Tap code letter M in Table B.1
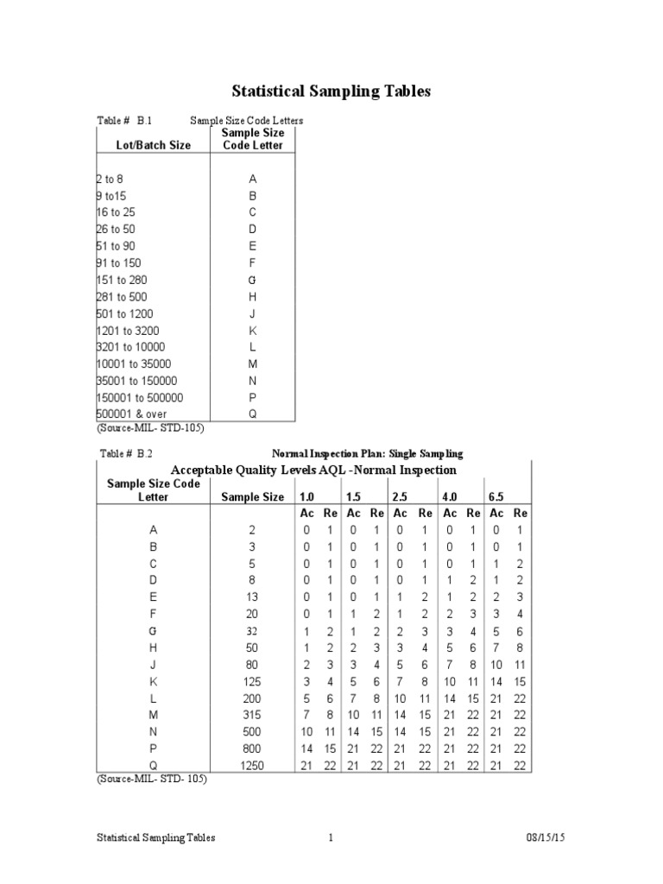tap(252, 364)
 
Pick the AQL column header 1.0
tap(306, 497)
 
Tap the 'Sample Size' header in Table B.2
tap(252, 497)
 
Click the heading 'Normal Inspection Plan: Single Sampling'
tap(368, 453)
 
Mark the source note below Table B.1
tap(150, 426)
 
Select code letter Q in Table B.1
tap(252, 414)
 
